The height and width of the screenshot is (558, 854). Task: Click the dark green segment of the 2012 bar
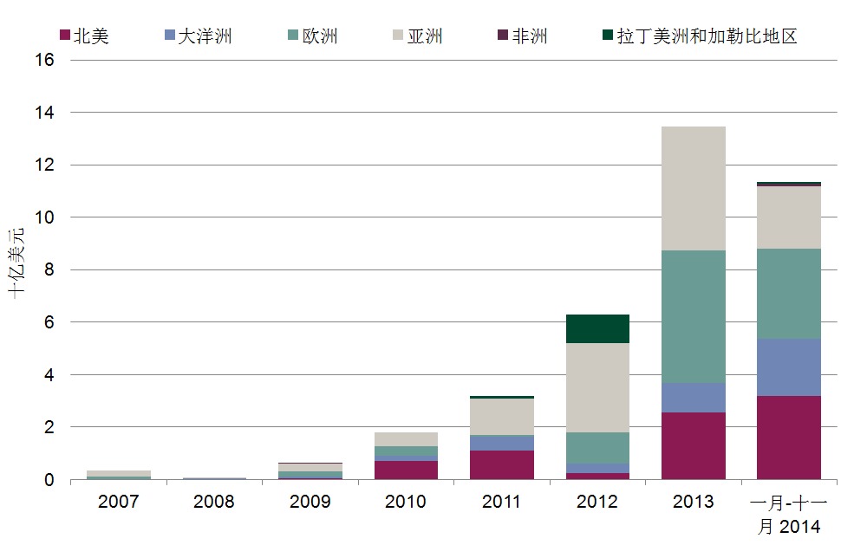click(597, 329)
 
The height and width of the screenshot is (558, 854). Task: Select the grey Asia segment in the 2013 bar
click(693, 188)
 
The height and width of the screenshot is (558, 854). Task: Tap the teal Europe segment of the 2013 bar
click(693, 316)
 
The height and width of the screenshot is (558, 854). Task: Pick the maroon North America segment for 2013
click(693, 445)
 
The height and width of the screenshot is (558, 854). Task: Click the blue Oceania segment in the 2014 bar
click(789, 367)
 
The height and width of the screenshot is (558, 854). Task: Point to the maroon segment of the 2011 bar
click(501, 464)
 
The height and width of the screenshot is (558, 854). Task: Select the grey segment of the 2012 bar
click(597, 387)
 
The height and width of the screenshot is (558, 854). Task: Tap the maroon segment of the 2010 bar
click(406, 470)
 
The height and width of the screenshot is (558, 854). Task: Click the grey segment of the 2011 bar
click(501, 417)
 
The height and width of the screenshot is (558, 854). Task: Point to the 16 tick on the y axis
click(46, 61)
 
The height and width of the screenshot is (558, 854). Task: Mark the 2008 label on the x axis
click(214, 502)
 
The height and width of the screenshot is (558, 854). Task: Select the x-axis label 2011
click(501, 502)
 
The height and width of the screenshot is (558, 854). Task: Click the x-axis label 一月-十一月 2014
click(789, 514)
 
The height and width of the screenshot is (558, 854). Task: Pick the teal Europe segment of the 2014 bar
click(789, 294)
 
